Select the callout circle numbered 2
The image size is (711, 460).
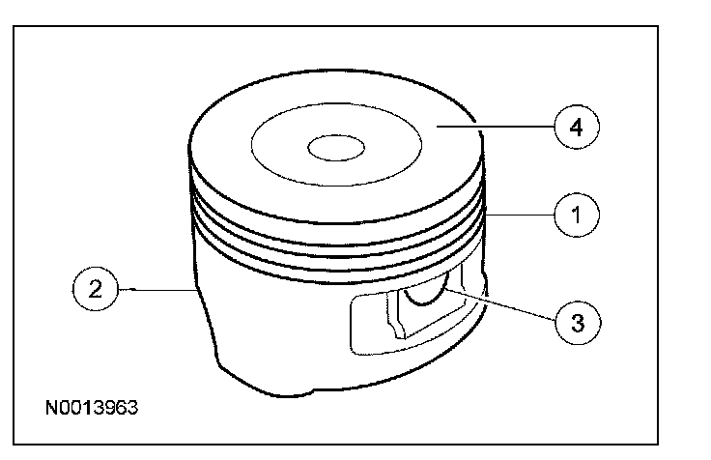click(93, 288)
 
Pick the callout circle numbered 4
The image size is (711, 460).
click(576, 127)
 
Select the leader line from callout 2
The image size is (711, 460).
click(155, 288)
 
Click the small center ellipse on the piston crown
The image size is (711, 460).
click(335, 148)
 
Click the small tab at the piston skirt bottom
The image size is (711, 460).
click(290, 391)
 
